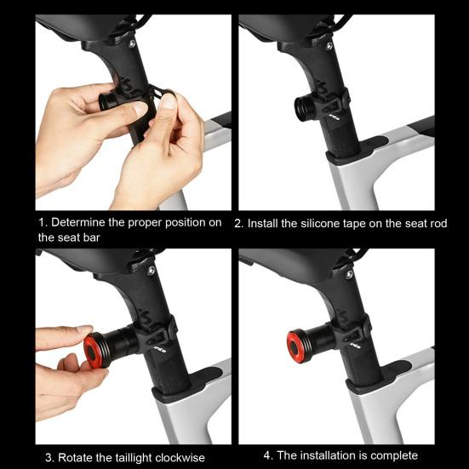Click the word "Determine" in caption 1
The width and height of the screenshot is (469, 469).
(x=77, y=222)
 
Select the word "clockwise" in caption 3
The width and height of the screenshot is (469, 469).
(x=180, y=458)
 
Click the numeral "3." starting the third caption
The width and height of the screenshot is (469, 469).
(x=50, y=458)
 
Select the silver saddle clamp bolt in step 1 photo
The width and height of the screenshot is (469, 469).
(x=132, y=44)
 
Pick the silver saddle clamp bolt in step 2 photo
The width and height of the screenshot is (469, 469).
(x=329, y=46)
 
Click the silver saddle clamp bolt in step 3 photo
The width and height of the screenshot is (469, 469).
(x=152, y=271)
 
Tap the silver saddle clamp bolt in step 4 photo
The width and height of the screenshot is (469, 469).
(x=349, y=275)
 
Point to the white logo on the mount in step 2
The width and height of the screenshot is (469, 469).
(x=335, y=117)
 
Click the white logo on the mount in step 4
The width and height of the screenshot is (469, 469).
(x=356, y=346)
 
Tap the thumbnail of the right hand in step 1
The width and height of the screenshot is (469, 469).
(x=168, y=101)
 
